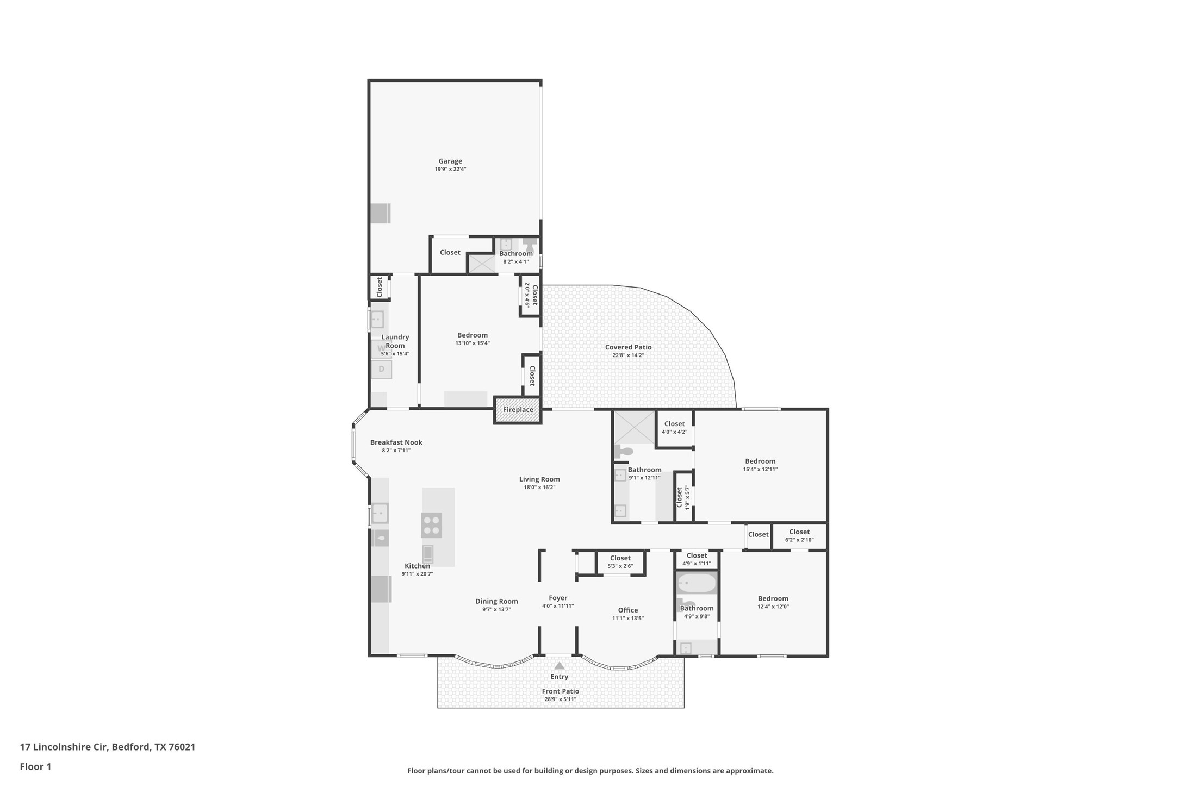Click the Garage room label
point(450,161)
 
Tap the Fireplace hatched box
point(518,410)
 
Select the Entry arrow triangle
point(559,666)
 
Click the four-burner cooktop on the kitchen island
point(431,525)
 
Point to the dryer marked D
point(381,369)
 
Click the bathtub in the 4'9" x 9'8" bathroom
point(697,584)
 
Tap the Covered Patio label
point(628,347)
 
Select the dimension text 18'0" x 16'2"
point(539,488)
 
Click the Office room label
point(628,610)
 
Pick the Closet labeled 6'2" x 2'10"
point(799,535)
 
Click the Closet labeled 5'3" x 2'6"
point(620,561)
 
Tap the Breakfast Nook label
point(396,442)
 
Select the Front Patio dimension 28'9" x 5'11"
point(560,699)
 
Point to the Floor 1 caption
point(35,767)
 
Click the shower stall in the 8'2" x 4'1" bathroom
point(482,264)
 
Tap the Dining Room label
point(496,601)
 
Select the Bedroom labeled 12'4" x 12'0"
point(773,602)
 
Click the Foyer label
point(558,598)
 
